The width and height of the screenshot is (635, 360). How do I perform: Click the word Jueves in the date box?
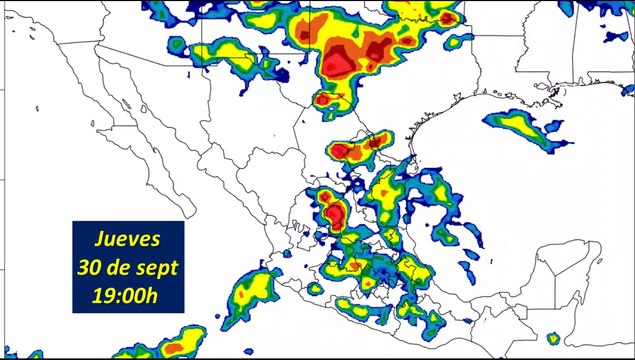(x=127, y=239)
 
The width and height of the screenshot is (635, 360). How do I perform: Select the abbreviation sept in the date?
(x=154, y=268)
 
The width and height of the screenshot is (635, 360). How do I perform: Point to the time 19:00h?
(x=127, y=295)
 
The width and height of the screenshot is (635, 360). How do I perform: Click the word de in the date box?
(x=118, y=267)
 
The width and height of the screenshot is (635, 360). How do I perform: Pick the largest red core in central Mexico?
(x=335, y=212)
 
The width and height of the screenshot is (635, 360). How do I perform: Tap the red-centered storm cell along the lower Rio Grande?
(x=345, y=150)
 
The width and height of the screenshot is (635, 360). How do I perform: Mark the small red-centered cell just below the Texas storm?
(x=326, y=100)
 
